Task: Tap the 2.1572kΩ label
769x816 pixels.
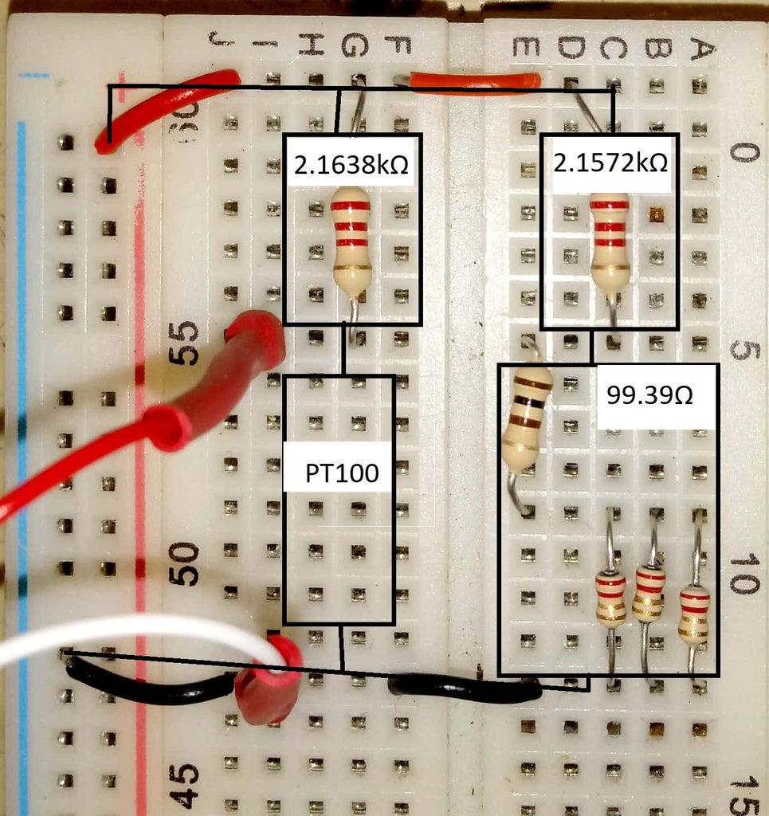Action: (x=610, y=163)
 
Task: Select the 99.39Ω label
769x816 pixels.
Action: (x=649, y=395)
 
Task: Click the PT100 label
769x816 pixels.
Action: (x=342, y=474)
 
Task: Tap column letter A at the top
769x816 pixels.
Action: (x=699, y=50)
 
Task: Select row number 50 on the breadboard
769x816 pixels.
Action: (x=186, y=563)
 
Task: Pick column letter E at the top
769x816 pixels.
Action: (x=526, y=49)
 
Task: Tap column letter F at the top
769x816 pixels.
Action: (x=396, y=47)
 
